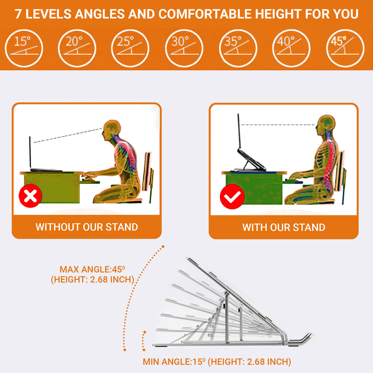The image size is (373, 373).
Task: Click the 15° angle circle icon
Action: (x=24, y=48)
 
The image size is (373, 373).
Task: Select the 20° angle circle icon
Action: (x=77, y=48)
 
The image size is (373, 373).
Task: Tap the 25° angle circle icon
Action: (x=130, y=48)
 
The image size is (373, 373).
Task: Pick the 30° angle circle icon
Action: (x=184, y=48)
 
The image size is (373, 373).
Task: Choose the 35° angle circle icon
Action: (x=238, y=48)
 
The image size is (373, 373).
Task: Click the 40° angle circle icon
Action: (x=291, y=48)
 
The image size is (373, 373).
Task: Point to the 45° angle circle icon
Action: (x=345, y=48)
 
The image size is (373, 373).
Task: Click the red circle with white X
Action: (x=31, y=196)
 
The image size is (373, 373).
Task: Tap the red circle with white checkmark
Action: (x=232, y=196)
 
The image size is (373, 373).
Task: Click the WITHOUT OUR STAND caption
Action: (x=87, y=227)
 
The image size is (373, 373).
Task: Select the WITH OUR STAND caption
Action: (x=284, y=227)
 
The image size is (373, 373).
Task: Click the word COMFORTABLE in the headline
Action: (x=205, y=14)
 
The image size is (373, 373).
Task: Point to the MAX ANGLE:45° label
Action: (x=93, y=270)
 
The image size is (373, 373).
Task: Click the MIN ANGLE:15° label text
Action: (x=174, y=362)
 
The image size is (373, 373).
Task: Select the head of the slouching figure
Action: (x=111, y=130)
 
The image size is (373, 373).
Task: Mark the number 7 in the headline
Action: (x=19, y=14)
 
